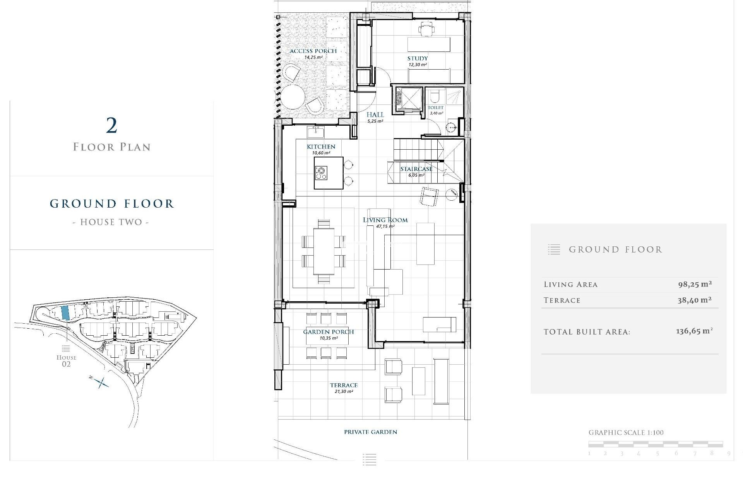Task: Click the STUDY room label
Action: [x=417, y=58]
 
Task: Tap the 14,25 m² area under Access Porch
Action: [x=313, y=57]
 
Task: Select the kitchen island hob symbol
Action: [x=321, y=173]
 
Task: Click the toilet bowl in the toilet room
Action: [x=435, y=96]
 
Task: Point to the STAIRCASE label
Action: [x=416, y=169]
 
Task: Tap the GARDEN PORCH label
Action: [x=328, y=332]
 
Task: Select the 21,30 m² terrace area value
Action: [x=344, y=391]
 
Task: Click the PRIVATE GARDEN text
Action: [x=370, y=432]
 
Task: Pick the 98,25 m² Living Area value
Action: [x=695, y=284]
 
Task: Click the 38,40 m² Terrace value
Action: [x=694, y=300]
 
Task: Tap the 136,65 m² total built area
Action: [x=694, y=331]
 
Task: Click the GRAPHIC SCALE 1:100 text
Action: [x=626, y=433]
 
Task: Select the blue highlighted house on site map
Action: [x=65, y=312]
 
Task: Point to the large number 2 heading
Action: [x=111, y=126]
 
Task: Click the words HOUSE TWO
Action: [x=111, y=222]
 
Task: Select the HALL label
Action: [x=375, y=114]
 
